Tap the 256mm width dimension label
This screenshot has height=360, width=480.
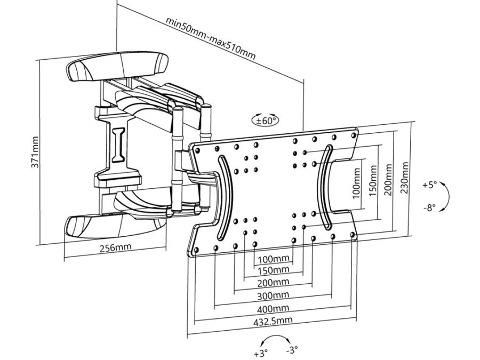[x=115, y=248]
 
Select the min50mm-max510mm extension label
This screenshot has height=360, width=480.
[x=211, y=39]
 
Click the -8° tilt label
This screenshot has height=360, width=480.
[x=430, y=208]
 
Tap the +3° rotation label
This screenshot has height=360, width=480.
[x=261, y=353]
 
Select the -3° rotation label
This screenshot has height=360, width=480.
[x=292, y=350]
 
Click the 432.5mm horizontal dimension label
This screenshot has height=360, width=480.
[x=274, y=320]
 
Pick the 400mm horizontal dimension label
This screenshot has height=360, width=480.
[x=274, y=308]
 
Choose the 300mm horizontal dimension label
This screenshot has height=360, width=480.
[x=274, y=295]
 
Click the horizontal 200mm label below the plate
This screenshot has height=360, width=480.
[x=274, y=282]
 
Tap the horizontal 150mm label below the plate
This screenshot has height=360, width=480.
[x=274, y=270]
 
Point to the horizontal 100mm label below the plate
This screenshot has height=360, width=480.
[x=274, y=259]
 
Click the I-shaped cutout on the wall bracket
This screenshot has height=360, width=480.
[x=118, y=142]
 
